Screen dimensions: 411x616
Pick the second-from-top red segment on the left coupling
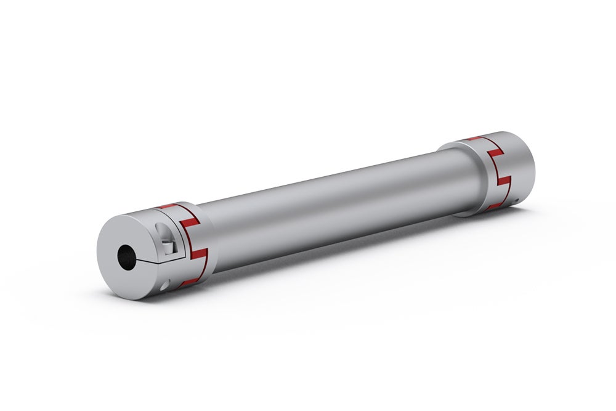pyautogui.click(x=190, y=219)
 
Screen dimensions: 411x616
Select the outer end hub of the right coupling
pyautogui.click(x=521, y=166)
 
